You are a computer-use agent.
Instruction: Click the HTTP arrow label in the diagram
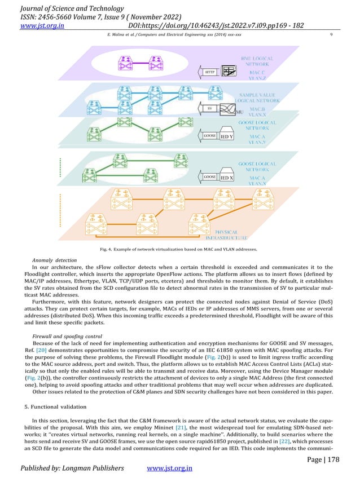coord(209,73)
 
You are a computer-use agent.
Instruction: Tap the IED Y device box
coord(227,136)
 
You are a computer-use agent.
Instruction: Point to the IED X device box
coord(227,178)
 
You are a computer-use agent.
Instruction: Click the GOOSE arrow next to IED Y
coord(209,136)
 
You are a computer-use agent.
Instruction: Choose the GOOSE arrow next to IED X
coord(209,178)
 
